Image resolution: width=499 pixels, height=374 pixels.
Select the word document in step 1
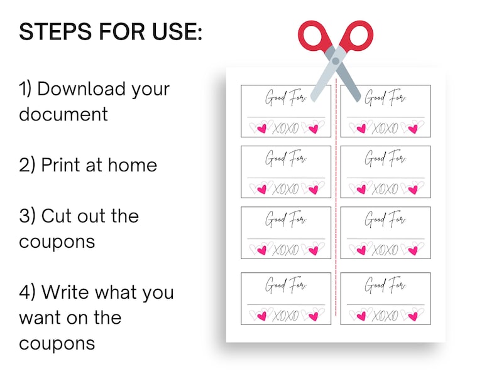pos(63,114)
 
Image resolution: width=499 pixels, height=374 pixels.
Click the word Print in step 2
pos(63,165)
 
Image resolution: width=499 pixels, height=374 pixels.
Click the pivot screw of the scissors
pos(336,61)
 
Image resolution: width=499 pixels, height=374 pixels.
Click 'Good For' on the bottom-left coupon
pos(285,285)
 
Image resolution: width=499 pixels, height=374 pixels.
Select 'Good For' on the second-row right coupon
pos(385,158)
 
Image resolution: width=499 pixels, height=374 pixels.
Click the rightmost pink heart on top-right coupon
pos(413,128)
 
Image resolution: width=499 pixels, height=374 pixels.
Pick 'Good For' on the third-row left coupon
pos(285,219)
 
